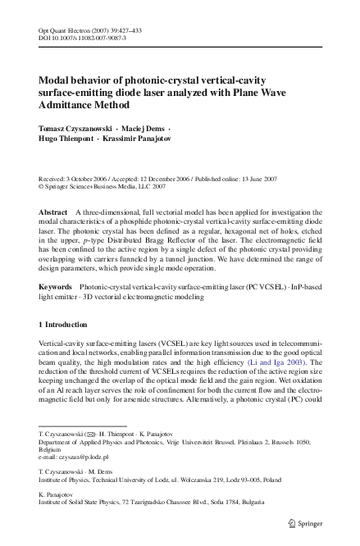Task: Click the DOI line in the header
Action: pyautogui.click(x=82, y=39)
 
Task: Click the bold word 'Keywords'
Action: pyautogui.click(x=57, y=287)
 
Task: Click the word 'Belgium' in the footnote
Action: pyautogui.click(x=50, y=449)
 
